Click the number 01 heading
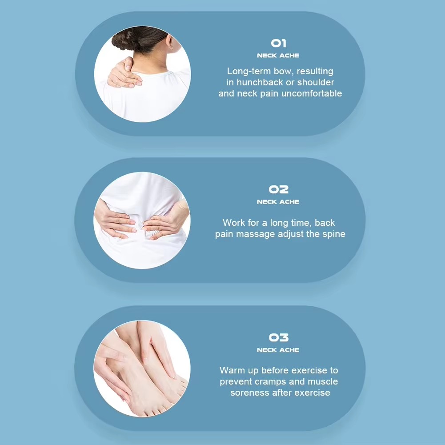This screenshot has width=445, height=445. pyautogui.click(x=278, y=43)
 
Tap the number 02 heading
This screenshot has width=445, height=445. pyautogui.click(x=278, y=189)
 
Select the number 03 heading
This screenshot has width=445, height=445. pyautogui.click(x=278, y=337)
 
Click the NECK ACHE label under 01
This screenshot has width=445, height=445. pyautogui.click(x=278, y=56)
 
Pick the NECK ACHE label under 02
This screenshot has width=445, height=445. pyautogui.click(x=278, y=202)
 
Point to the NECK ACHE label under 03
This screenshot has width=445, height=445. pyautogui.click(x=278, y=350)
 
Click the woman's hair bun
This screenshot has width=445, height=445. pyautogui.click(x=125, y=40)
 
